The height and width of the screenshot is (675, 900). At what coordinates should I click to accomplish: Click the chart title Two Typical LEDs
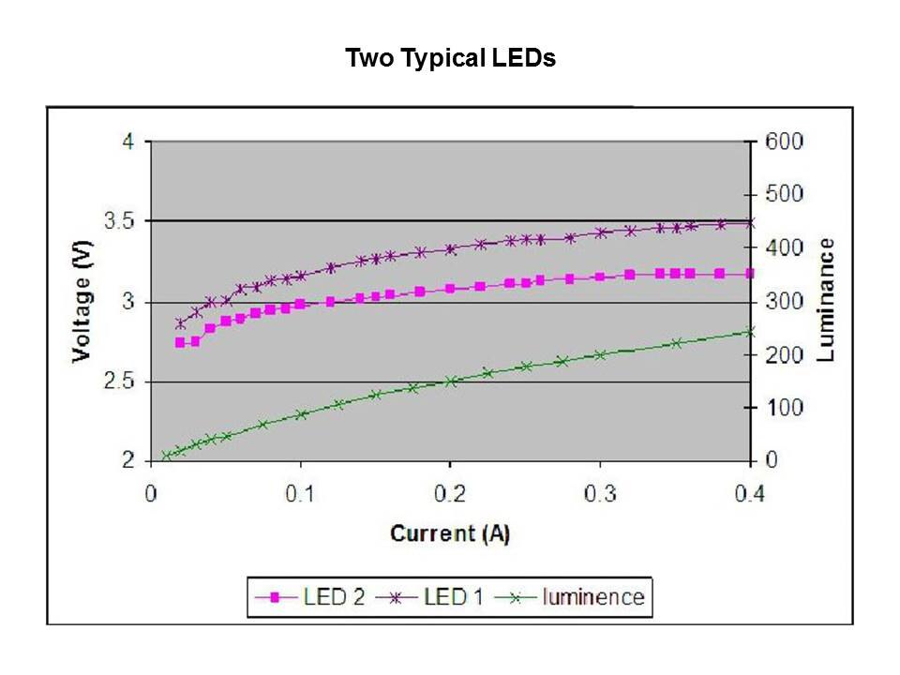[450, 58]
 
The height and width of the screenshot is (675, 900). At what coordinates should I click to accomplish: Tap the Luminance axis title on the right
[826, 300]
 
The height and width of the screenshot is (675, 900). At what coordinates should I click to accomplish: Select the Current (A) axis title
[450, 533]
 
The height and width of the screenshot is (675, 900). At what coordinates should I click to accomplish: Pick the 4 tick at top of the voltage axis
[128, 142]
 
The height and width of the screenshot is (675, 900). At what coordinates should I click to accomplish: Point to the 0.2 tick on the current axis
[450, 493]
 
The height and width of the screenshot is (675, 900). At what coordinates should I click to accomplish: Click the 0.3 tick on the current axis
[600, 493]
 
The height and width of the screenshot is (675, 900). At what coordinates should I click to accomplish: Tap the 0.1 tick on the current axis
[300, 493]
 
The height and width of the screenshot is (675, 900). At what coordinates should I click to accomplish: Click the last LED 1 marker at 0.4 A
[749, 223]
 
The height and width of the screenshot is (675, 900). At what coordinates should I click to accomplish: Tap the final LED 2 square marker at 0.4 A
[749, 274]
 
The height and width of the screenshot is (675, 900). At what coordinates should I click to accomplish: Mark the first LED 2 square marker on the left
[180, 342]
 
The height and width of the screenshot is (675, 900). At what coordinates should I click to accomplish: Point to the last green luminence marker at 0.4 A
[749, 331]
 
